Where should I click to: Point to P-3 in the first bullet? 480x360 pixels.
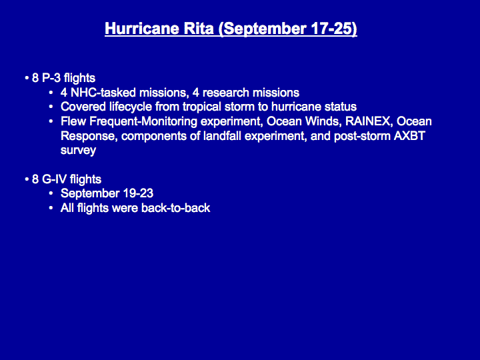point(51,78)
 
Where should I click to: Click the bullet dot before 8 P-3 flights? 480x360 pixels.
point(27,79)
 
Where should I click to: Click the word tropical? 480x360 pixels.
point(202,107)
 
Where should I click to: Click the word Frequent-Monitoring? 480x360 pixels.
point(143,122)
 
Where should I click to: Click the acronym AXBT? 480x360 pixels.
point(409,136)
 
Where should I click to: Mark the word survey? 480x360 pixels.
point(79,151)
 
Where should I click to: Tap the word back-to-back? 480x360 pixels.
point(176,208)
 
